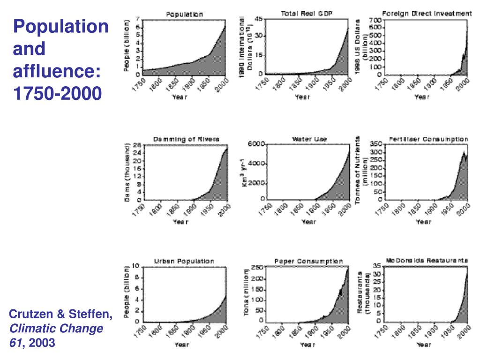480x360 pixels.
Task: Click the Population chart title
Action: [x=185, y=15]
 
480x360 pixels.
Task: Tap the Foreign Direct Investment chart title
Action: [x=427, y=14]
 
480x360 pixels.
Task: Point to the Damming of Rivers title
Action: [x=186, y=139]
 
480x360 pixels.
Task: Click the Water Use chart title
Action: [x=309, y=139]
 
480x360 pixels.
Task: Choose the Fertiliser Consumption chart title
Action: [x=428, y=139]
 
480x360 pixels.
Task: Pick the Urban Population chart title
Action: [x=184, y=261]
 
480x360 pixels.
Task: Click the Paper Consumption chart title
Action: [x=308, y=261]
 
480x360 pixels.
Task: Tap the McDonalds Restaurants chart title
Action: [x=427, y=260]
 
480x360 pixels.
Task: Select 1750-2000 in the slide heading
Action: [x=57, y=94]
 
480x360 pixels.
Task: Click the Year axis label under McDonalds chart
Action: [x=423, y=345]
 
